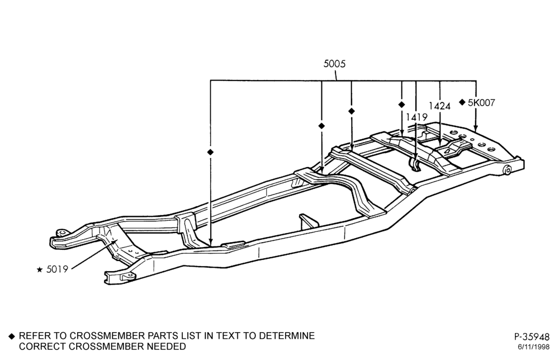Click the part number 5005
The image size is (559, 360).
[334, 64]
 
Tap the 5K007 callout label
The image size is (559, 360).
[481, 103]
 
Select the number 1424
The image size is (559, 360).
[439, 106]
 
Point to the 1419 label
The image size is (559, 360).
[416, 117]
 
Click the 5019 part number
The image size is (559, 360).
[57, 269]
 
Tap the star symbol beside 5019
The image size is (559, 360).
[40, 270]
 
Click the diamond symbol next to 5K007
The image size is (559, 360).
[462, 102]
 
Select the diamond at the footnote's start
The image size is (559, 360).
[12, 336]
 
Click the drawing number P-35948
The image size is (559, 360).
[532, 337]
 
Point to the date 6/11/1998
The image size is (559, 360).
[534, 347]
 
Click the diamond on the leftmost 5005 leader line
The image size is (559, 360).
[210, 152]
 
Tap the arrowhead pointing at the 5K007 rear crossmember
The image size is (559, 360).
[476, 129]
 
